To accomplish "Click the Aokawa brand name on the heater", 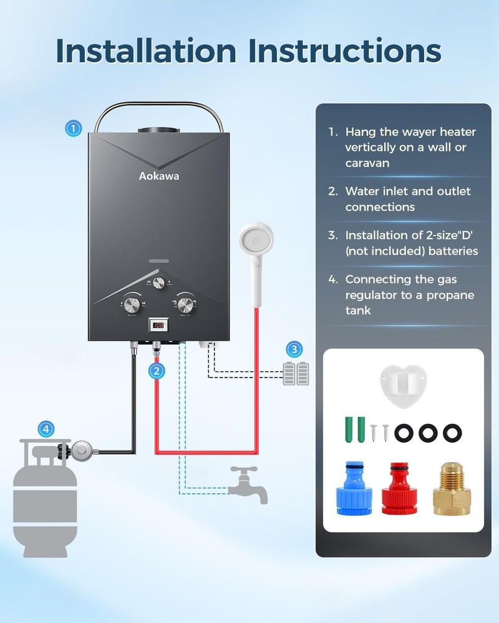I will click(158, 176).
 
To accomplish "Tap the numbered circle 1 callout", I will click(74, 129).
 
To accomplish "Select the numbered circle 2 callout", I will click(157, 371).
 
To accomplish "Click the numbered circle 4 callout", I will click(46, 429).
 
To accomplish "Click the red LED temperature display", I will click(158, 325).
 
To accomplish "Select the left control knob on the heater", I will click(132, 305).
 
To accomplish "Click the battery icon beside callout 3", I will click(296, 374).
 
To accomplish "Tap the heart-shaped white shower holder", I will click(403, 382).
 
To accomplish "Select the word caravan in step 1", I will click(367, 163).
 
